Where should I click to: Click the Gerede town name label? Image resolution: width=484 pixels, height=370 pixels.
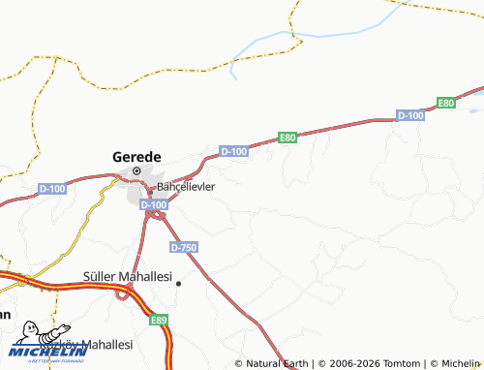(136, 155)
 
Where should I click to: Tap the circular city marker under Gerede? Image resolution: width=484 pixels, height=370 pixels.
(136, 171)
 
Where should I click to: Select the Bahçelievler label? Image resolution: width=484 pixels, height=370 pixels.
(186, 186)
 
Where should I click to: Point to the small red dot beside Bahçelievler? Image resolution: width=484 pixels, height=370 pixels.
(149, 190)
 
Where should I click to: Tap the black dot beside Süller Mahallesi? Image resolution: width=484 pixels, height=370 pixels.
(178, 282)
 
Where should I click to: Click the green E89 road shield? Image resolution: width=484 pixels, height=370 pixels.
(160, 319)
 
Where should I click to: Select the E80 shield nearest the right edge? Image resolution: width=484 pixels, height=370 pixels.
(445, 103)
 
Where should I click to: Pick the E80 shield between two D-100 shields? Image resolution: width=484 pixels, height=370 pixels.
(287, 138)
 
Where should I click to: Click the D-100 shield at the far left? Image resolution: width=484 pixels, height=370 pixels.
(51, 188)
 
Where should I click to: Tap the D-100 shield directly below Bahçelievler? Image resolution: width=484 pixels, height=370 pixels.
(153, 205)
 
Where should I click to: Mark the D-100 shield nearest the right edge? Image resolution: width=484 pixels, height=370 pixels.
(410, 115)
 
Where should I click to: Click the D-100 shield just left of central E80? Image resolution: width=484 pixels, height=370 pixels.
(233, 151)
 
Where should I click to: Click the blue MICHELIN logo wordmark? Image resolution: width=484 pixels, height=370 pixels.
(46, 352)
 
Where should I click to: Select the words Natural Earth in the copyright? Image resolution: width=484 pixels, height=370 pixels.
(278, 364)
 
